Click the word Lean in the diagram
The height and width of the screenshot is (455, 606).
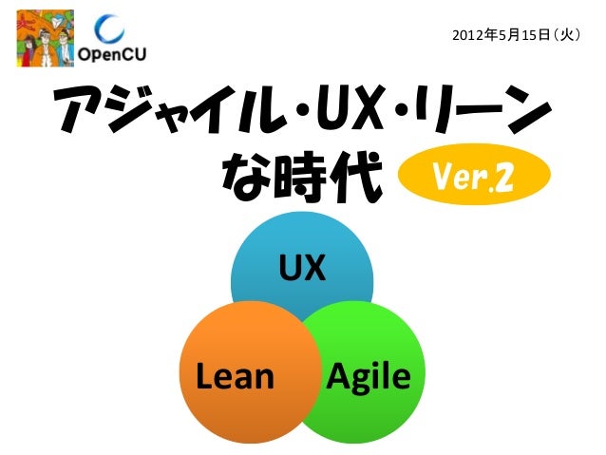pyautogui.click(x=235, y=377)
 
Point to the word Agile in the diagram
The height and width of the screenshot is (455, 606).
pyautogui.click(x=369, y=378)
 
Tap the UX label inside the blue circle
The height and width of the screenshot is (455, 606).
pyautogui.click(x=302, y=270)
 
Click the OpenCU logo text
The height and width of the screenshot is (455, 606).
pyautogui.click(x=112, y=54)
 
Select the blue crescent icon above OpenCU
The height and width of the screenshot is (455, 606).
pyautogui.click(x=113, y=29)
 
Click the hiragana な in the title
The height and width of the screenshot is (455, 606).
pyautogui.click(x=249, y=177)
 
